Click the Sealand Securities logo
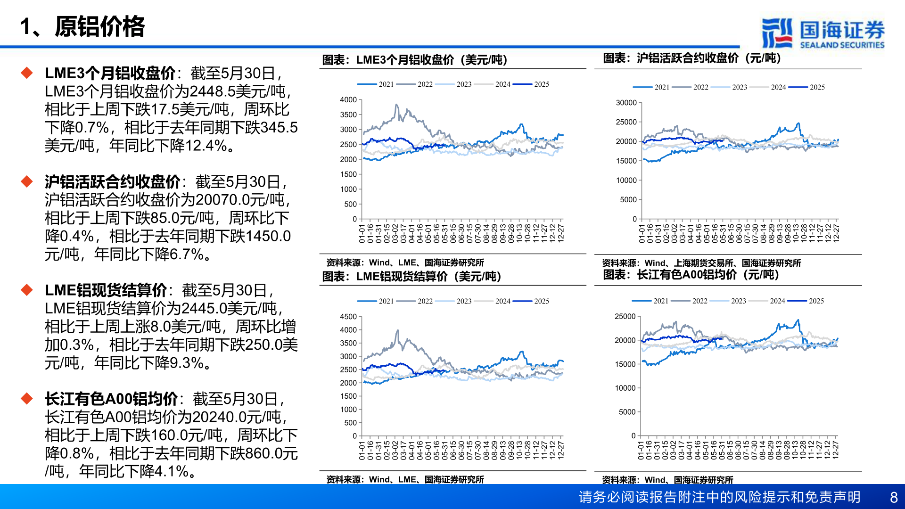[823, 33]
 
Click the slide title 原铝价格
[99, 27]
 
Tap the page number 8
[894, 497]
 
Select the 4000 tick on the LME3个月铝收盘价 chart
[348, 100]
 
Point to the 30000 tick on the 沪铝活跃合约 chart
[626, 103]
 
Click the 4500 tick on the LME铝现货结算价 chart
[348, 317]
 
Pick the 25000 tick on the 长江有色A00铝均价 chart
[625, 317]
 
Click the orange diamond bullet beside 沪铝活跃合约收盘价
[27, 181]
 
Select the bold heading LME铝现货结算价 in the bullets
[106, 290]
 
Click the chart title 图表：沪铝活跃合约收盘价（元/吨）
[692, 58]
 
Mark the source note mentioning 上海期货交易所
[701, 263]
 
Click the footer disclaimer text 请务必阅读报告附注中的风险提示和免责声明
[719, 497]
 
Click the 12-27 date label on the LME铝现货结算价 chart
[561, 450]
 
